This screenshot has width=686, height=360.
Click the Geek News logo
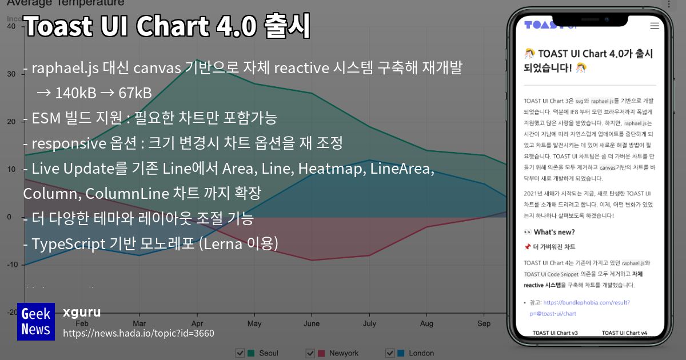pyautogui.click(x=35, y=322)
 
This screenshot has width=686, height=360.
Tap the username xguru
pyautogui.click(x=82, y=312)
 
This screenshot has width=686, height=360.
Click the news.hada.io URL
pyautogui.click(x=138, y=333)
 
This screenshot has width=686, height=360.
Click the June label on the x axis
pyautogui.click(x=312, y=323)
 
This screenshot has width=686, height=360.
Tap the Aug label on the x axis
pyautogui.click(x=426, y=323)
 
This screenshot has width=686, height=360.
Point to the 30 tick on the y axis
pyautogui.click(x=10, y=74)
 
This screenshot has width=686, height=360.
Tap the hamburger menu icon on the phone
pyautogui.click(x=655, y=26)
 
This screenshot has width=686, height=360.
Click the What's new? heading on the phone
pyautogui.click(x=554, y=232)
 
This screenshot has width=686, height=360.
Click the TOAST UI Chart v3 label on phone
pyautogui.click(x=555, y=333)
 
